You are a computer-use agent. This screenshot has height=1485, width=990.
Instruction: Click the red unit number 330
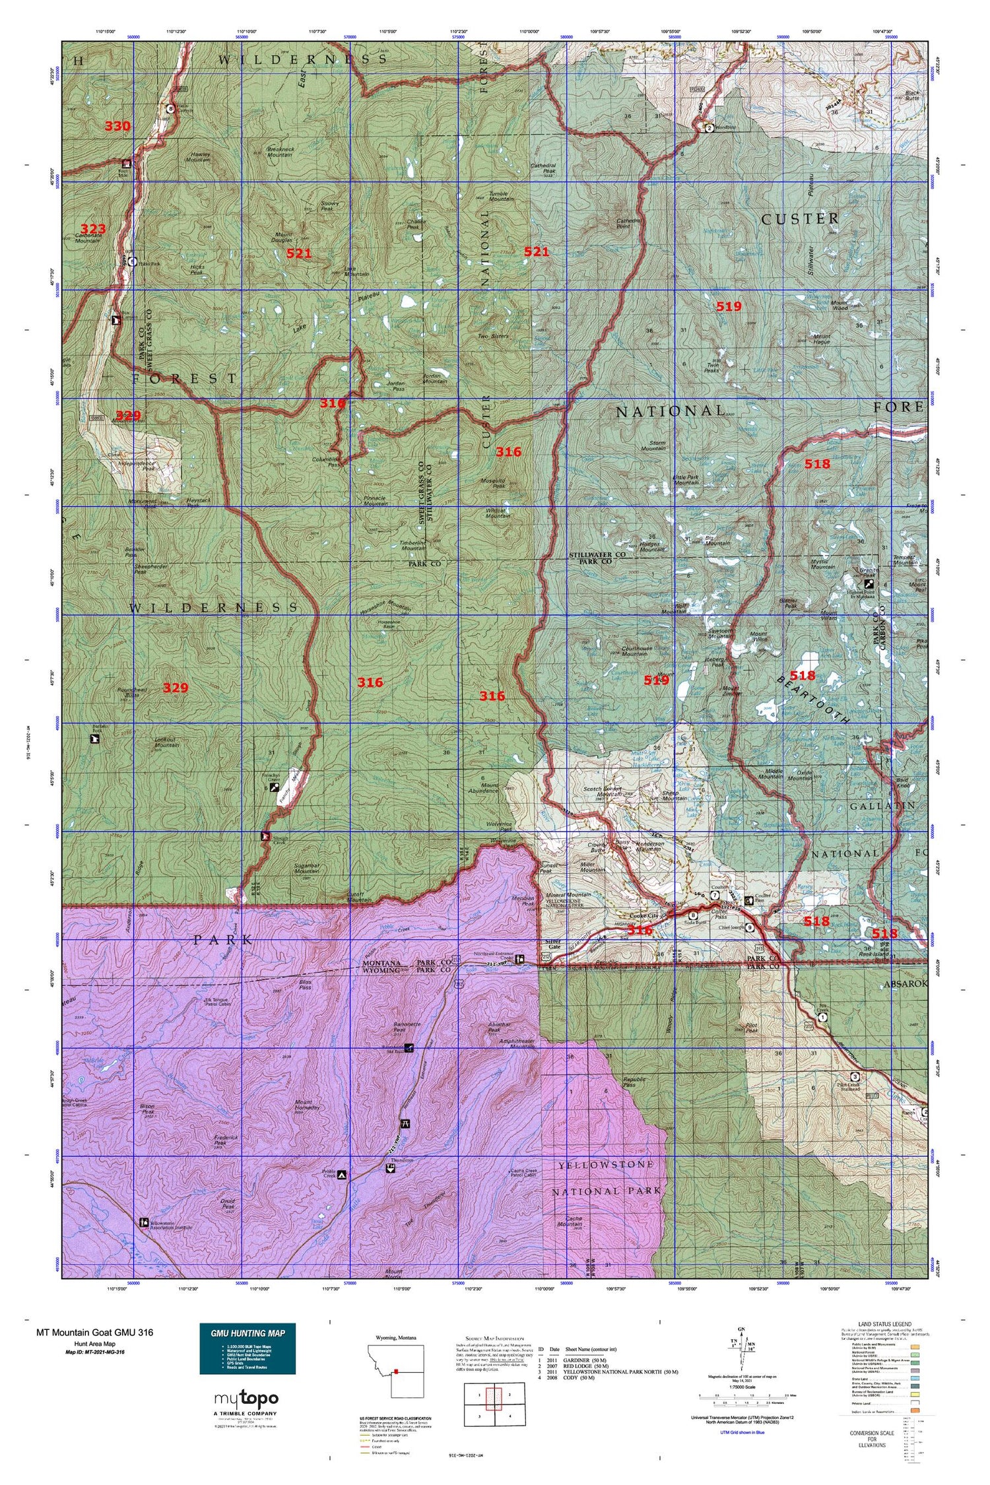click(x=117, y=126)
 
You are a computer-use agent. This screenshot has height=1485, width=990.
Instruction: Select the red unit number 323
click(x=93, y=228)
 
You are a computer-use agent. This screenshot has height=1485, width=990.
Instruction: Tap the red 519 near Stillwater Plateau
click(x=729, y=306)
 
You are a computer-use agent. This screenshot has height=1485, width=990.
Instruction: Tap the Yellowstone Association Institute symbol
click(x=144, y=1222)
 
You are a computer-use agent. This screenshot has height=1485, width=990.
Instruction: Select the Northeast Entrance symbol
click(x=519, y=959)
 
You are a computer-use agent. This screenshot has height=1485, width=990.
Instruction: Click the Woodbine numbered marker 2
click(x=708, y=128)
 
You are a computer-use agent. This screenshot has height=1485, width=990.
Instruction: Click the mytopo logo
click(x=246, y=1398)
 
